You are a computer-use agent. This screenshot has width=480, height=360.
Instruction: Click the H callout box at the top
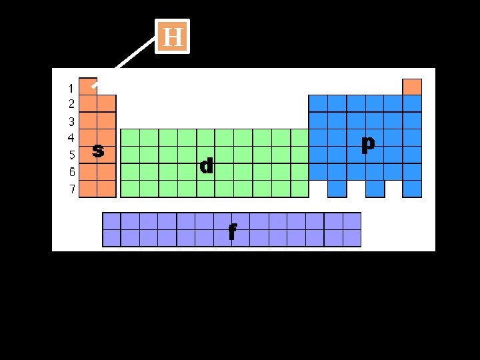173,36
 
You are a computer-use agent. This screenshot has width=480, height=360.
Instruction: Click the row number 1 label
71,88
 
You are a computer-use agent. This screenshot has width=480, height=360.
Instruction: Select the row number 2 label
71,104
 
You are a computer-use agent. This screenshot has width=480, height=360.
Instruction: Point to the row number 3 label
71,122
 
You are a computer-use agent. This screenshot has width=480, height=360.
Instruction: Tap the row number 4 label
71,138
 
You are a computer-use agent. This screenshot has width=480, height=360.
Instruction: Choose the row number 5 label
71,155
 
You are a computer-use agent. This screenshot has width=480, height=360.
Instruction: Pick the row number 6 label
71,172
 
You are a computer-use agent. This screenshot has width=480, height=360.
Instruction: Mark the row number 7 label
71,189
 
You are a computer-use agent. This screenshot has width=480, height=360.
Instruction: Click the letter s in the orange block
98,151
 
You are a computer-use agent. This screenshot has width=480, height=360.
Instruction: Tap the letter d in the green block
207,166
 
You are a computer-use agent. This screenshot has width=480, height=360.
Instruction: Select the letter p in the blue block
367,144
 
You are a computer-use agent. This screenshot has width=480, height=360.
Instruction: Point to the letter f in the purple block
232,231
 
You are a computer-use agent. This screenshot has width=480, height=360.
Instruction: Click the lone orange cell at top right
412,87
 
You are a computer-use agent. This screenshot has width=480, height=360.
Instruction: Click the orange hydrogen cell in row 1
87,87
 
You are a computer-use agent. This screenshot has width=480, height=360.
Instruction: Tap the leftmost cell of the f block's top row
111,221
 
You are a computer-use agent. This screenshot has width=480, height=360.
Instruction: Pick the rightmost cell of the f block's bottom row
351,238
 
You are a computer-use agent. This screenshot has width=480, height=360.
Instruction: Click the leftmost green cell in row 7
129,189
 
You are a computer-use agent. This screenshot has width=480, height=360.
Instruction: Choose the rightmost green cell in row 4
299,138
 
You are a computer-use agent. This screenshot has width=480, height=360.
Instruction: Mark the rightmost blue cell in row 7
412,189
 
